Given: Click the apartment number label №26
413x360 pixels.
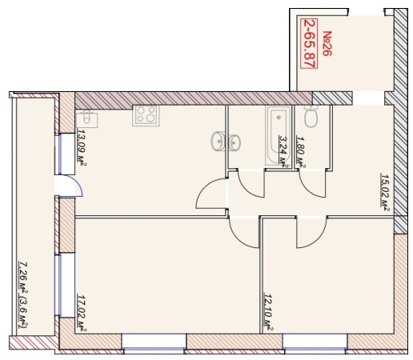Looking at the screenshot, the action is [327, 43].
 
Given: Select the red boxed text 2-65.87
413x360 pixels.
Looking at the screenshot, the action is [309, 44].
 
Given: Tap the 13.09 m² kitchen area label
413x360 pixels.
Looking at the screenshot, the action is [82, 147].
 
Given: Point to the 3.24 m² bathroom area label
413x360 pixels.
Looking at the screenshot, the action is [283, 151].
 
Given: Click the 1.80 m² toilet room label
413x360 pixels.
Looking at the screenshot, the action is [301, 152].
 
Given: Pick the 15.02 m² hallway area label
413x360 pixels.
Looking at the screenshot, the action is [384, 192].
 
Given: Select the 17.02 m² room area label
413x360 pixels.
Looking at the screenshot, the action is [82, 313].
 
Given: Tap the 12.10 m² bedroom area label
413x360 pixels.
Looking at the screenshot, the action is [268, 312].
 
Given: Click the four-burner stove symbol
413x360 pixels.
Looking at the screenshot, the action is [146, 115].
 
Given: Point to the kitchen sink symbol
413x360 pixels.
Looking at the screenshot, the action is [86, 118].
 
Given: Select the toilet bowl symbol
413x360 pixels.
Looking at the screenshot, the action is [311, 117].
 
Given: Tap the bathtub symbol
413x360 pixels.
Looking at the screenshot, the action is [278, 135].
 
